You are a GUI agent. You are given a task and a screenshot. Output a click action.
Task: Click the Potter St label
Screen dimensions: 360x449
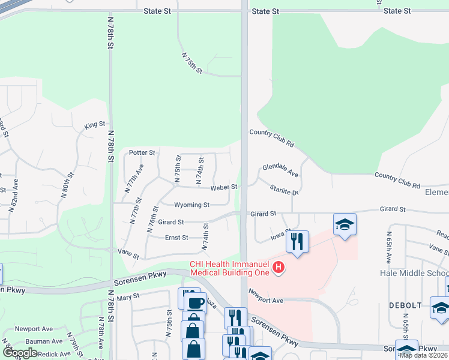(x=142, y=153)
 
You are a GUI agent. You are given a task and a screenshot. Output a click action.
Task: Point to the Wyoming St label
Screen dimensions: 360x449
(x=191, y=205)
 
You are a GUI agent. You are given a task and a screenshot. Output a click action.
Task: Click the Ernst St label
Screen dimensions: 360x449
(x=176, y=238)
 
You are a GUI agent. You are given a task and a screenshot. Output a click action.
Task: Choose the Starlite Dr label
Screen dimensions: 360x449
(x=284, y=191)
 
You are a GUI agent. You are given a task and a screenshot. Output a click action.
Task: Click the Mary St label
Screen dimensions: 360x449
(x=128, y=296)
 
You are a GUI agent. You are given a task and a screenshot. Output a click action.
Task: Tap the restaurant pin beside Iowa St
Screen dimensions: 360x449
(x=297, y=241)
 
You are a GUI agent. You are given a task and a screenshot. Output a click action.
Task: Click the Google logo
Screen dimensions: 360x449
(x=20, y=353)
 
